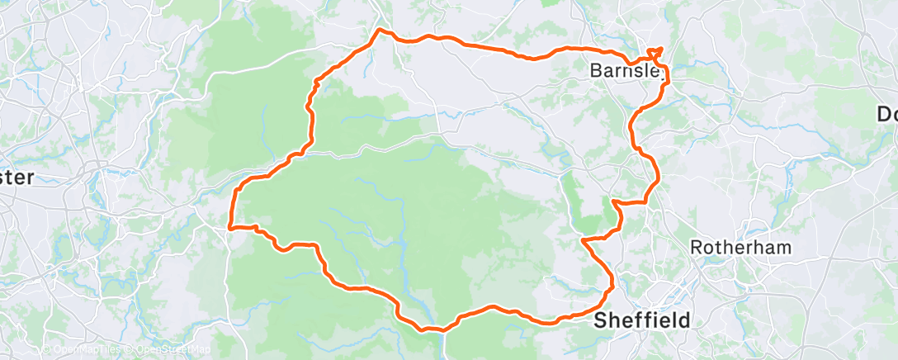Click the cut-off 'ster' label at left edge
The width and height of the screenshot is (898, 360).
click(x=17, y=178)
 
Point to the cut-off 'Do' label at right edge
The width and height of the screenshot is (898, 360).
click(x=886, y=113)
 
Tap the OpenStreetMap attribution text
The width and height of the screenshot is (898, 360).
click(x=169, y=350)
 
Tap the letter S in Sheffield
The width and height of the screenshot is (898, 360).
click(x=600, y=319)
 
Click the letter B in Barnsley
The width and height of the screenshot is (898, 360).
click(x=597, y=72)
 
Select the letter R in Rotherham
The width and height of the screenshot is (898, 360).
click(x=696, y=247)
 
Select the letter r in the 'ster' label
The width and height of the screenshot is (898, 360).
click(x=31, y=178)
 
